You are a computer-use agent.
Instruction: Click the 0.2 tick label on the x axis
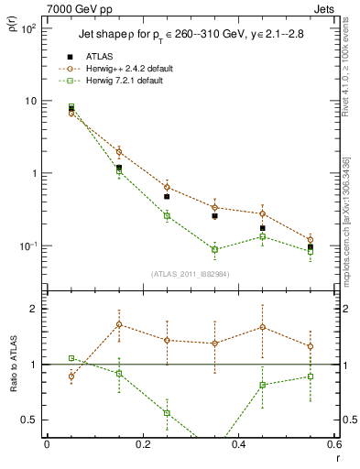pos(142,446)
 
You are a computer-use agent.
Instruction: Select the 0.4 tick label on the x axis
pos(238,446)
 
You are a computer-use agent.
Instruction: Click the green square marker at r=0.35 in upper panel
pos(214,249)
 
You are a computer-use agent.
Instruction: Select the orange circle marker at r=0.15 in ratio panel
pos(119,324)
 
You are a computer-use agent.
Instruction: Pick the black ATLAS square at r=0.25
pos(167,196)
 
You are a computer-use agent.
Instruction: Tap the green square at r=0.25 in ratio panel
pos(167,413)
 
